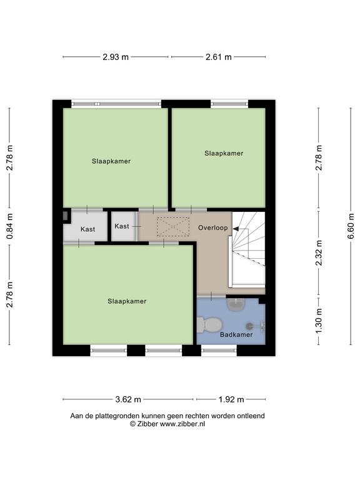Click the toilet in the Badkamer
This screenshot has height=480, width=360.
209,325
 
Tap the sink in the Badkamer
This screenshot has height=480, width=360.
236,304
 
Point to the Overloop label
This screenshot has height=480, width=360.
212,227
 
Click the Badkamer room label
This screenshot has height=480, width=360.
236,334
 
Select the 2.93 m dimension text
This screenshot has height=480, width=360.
116,57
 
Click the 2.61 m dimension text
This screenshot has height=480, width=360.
219,57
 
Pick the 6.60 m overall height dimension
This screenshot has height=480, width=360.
351,226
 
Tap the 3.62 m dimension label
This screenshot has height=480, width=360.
128,399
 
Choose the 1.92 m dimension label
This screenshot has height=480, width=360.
231,399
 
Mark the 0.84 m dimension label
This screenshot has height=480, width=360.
10,226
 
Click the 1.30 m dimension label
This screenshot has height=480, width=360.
319,321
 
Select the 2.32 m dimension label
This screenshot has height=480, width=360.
319,253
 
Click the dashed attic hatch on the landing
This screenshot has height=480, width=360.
173,226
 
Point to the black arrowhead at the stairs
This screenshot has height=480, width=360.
236,228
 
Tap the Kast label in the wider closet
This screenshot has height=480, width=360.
88,229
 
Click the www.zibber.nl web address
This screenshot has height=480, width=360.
182,424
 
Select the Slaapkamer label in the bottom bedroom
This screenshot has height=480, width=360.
127,301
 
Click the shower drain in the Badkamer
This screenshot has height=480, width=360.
250,326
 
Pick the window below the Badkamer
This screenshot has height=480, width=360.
219,350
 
